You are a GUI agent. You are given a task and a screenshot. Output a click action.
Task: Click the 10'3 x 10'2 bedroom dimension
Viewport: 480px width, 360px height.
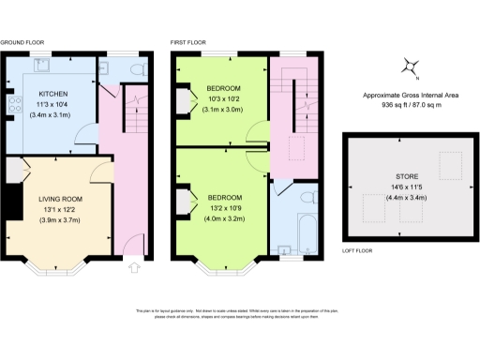pyautogui.click(x=222, y=98)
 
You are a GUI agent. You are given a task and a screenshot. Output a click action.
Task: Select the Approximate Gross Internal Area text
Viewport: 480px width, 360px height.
pyautogui.click(x=412, y=96)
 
